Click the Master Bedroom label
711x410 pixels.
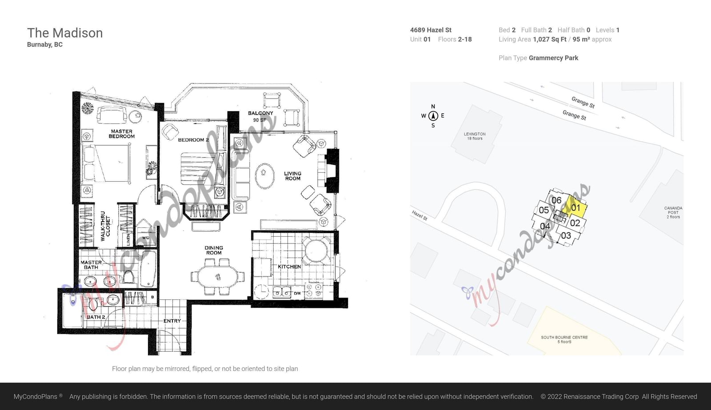[122, 134]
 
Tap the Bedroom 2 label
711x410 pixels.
[193, 140]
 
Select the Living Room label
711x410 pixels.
[293, 176]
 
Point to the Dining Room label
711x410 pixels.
[214, 250]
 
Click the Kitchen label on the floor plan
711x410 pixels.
[289, 267]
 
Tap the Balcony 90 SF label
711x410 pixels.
[260, 116]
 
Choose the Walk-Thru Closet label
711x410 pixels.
[105, 226]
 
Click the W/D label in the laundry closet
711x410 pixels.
[146, 238]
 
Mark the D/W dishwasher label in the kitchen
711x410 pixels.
[297, 293]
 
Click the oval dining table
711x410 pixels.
[218, 277]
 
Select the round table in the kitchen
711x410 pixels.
[316, 251]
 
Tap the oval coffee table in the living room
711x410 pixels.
[265, 176]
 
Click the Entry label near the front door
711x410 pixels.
[172, 321]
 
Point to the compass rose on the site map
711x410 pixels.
[433, 116]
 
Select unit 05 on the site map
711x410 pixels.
[544, 210]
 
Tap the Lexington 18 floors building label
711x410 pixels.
[475, 136]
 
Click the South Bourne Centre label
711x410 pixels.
[564, 339]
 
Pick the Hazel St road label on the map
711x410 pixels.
[419, 215]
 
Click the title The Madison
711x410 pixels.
[65, 33]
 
